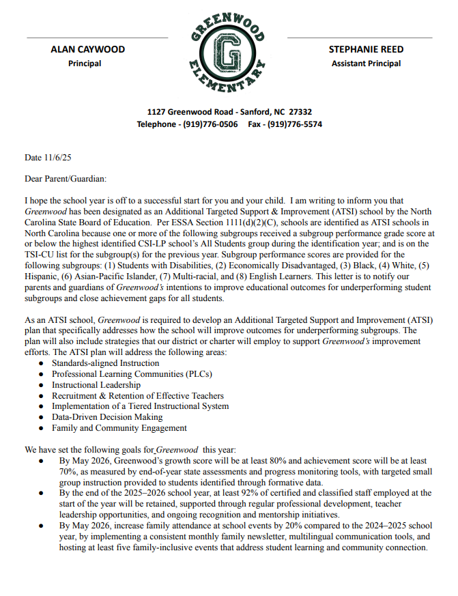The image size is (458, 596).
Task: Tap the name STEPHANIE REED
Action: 365,49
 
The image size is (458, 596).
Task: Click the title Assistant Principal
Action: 366,63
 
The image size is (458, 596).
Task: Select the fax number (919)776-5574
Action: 294,124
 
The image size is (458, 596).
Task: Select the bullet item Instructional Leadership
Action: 96,385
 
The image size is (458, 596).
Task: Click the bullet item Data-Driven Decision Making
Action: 107,417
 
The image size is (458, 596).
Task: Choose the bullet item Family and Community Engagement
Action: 119,428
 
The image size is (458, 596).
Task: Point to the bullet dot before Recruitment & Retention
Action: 42,396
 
